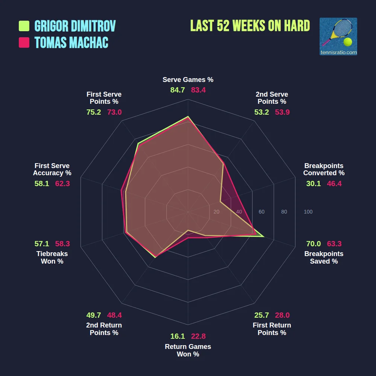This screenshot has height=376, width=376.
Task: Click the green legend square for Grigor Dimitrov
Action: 24,26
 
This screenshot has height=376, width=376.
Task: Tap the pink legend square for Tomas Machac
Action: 24,42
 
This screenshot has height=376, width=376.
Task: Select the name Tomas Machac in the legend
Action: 71,42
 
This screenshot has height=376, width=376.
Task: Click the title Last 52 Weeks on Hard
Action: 250,26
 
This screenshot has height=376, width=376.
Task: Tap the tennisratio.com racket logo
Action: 338,36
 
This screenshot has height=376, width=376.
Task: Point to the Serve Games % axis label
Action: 188,80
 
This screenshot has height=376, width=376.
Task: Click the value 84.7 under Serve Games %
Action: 177,90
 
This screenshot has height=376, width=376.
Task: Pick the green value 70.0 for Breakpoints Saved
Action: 313,244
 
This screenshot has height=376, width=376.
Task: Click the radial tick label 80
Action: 284,212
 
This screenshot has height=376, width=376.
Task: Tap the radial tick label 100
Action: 308,212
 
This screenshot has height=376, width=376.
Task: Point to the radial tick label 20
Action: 216,212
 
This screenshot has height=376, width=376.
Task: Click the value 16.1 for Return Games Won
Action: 177,336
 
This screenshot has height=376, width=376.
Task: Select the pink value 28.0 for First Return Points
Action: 282,315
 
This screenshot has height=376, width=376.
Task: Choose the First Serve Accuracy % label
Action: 52,169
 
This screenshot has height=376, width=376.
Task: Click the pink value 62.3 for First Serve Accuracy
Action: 62,183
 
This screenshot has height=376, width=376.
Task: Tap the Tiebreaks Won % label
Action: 52,257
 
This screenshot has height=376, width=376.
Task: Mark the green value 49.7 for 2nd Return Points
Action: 94,315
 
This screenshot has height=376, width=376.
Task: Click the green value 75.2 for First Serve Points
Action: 94,112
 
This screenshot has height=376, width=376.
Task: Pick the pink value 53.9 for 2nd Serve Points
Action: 282,112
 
